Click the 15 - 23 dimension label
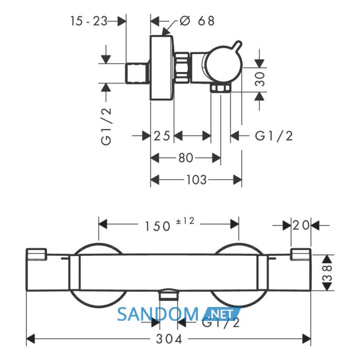(88, 21)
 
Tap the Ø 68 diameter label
(197, 21)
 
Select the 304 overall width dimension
(169, 339)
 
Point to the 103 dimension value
(196, 180)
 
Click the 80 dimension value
(186, 158)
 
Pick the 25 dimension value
(162, 136)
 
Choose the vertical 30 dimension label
(260, 79)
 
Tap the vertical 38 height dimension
(328, 273)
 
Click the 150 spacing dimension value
(157, 226)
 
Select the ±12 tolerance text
(185, 221)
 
